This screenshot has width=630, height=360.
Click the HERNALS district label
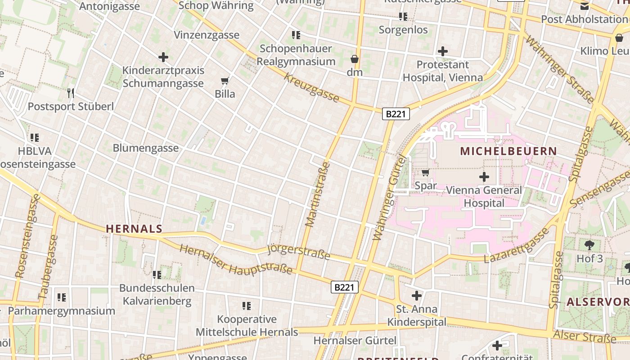[134, 229]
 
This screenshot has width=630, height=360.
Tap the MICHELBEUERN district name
[508, 151]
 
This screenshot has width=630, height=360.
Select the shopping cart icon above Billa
[225, 81]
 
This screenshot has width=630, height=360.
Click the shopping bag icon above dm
[355, 59]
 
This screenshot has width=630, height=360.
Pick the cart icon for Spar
[425, 172]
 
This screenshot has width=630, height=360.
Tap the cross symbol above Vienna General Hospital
[484, 177]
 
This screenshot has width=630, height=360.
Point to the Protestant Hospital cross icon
[443, 51]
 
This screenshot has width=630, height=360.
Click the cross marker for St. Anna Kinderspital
[417, 296]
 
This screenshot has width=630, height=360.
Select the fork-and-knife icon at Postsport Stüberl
[71, 93]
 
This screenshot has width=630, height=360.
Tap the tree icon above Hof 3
[589, 245]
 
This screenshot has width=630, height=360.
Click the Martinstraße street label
[318, 194]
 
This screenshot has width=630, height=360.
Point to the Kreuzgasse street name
[311, 88]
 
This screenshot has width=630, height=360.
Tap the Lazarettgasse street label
[517, 246]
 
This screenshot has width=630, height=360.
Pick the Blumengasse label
[145, 148]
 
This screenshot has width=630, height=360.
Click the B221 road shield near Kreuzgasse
[396, 114]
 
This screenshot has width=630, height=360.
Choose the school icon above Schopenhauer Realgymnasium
[296, 35]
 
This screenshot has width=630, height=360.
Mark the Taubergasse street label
[49, 267]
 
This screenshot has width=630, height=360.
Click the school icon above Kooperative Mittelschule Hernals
[246, 306]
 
